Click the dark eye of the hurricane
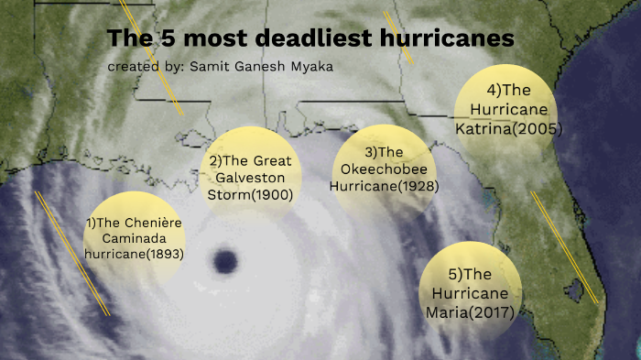pyautogui.click(x=223, y=262)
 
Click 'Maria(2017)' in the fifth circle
pyautogui.click(x=470, y=311)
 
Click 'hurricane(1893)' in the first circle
pyautogui.click(x=134, y=255)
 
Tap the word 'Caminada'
pyautogui.click(x=133, y=238)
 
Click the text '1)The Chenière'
pyautogui.click(x=133, y=223)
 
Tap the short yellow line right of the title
pyautogui.click(x=399, y=38)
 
